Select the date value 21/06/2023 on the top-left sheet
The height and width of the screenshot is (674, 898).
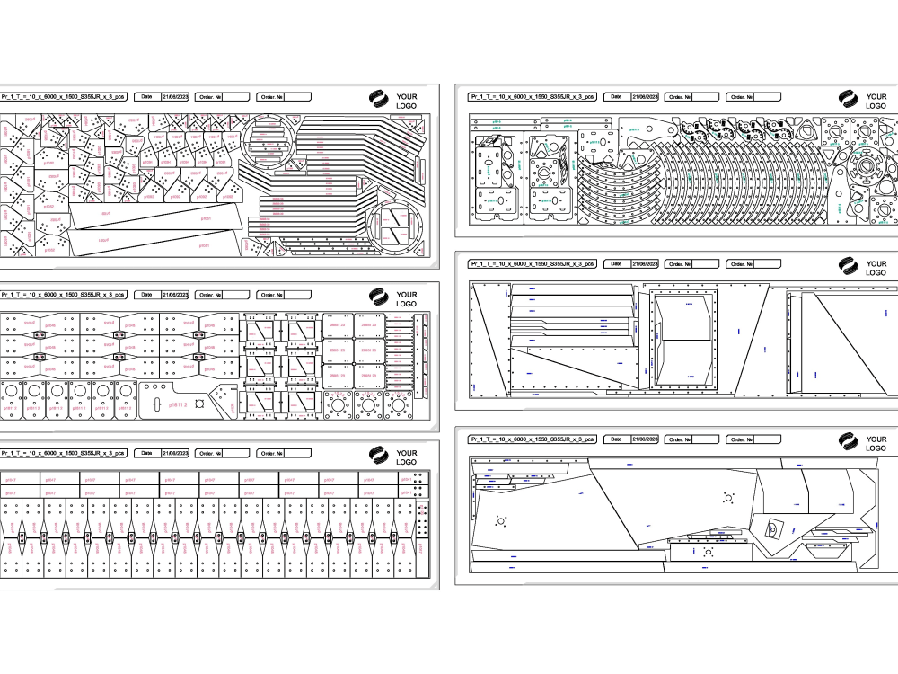coord(174,96)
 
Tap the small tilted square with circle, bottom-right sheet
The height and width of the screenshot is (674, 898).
coord(771,530)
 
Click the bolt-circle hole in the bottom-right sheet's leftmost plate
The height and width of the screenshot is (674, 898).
coord(500,520)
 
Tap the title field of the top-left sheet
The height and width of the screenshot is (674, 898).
coord(63,96)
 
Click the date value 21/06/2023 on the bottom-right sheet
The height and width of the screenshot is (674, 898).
coord(645,439)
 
